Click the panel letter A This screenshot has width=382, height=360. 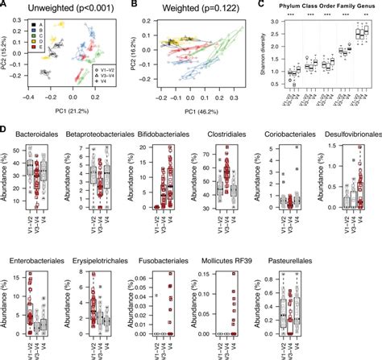point(5,6)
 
